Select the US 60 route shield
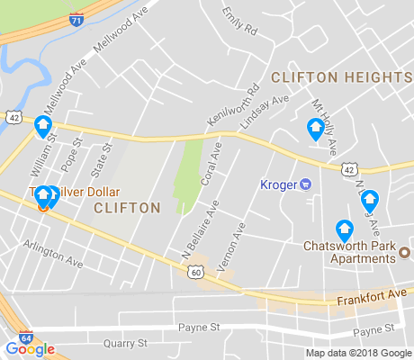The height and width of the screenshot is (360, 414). (x=195, y=272)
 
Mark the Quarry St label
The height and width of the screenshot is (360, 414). (x=124, y=343)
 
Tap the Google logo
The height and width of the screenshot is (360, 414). (x=31, y=349)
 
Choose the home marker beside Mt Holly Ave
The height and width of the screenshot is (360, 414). (x=315, y=130)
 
